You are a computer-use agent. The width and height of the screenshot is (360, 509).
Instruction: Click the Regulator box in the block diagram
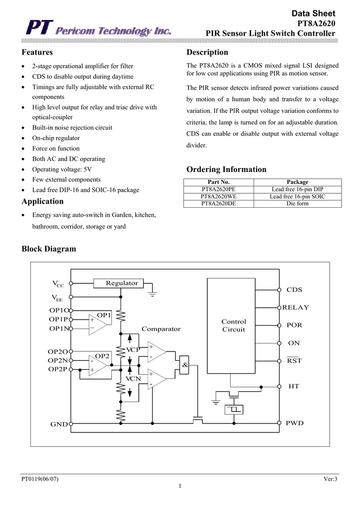click(x=118, y=283)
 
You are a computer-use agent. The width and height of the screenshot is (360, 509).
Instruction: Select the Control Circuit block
click(x=231, y=326)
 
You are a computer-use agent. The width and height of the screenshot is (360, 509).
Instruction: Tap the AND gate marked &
click(x=184, y=365)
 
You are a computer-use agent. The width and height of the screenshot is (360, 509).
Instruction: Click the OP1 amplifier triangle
click(x=98, y=324)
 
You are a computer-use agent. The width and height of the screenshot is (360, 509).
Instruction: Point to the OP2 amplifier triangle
click(x=98, y=365)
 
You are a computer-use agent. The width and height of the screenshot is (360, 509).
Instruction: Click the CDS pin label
click(x=294, y=290)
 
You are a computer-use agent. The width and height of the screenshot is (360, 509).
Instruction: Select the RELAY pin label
click(x=296, y=307)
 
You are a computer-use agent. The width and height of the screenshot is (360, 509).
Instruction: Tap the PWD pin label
click(x=295, y=423)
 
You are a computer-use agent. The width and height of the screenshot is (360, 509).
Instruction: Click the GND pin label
click(x=59, y=424)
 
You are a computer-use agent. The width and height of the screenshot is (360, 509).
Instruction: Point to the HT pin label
click(x=294, y=386)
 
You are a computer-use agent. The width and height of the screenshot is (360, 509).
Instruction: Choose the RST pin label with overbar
click(x=294, y=360)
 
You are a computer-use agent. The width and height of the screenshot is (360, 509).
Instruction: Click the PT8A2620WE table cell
click(x=218, y=196)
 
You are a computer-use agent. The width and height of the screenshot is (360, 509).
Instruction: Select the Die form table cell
click(x=298, y=203)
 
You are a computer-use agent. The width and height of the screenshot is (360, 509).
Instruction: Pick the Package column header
click(x=298, y=182)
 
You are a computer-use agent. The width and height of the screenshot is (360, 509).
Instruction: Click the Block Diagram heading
click(x=49, y=249)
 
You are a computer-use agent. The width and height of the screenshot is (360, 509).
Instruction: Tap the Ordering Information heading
click(x=226, y=170)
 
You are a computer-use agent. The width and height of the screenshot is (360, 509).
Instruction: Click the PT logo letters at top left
click(x=39, y=28)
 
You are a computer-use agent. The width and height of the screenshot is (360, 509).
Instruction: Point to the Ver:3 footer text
click(x=331, y=479)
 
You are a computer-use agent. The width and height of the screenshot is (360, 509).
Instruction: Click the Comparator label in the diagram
click(x=161, y=329)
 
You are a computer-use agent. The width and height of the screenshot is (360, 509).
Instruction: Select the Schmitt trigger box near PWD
click(x=234, y=410)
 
